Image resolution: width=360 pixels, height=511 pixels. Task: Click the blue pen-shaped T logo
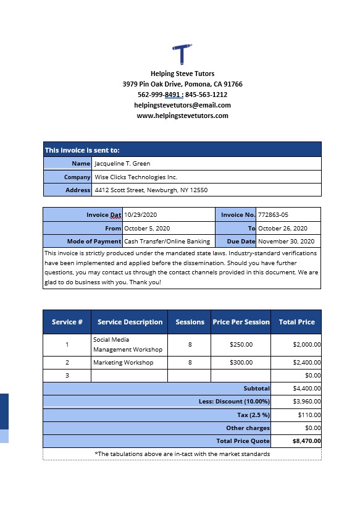pyautogui.click(x=182, y=54)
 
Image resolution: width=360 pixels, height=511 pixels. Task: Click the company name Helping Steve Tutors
pyautogui.click(x=182, y=74)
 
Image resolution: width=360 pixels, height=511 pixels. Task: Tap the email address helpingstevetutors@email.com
pyautogui.click(x=182, y=105)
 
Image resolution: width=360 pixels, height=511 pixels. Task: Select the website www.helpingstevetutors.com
pyautogui.click(x=182, y=116)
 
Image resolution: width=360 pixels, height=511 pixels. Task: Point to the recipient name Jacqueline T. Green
pyautogui.click(x=122, y=164)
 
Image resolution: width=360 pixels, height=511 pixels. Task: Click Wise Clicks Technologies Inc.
pyautogui.click(x=135, y=177)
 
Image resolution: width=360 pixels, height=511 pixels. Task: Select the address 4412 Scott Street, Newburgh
pyautogui.click(x=151, y=190)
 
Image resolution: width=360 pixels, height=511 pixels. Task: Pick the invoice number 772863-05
pyautogui.click(x=273, y=215)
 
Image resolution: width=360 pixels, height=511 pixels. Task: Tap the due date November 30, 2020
pyautogui.click(x=286, y=242)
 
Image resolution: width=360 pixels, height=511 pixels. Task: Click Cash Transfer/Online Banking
pyautogui.click(x=167, y=242)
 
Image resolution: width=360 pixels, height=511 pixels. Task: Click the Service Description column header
pyautogui.click(x=130, y=322)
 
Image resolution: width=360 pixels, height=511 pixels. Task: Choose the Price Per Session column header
pyautogui.click(x=241, y=322)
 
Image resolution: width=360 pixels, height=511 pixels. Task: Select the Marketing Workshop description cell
pyautogui.click(x=123, y=363)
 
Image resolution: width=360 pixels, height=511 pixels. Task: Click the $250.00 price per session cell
pyautogui.click(x=241, y=345)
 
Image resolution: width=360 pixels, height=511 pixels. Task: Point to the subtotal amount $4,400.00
pyautogui.click(x=307, y=389)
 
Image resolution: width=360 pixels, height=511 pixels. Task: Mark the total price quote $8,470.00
pyautogui.click(x=307, y=442)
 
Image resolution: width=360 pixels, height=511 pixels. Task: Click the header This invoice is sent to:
pyautogui.click(x=82, y=150)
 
